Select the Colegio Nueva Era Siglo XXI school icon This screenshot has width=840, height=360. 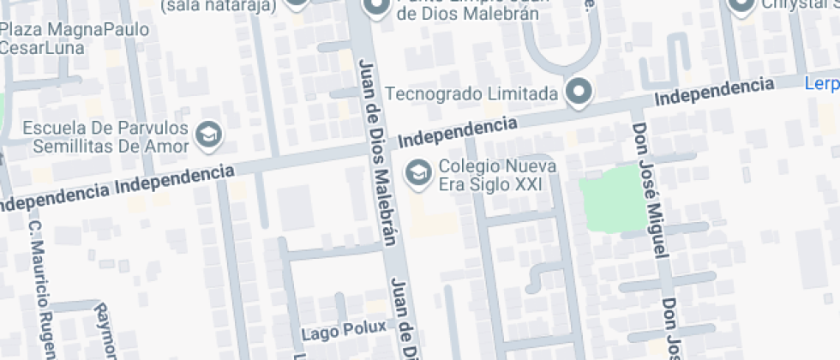point(418,171)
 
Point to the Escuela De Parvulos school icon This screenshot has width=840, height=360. point(207,134)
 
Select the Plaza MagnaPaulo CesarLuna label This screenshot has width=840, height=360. point(75,39)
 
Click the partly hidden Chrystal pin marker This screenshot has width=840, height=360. point(741,4)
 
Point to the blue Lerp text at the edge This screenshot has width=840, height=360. point(821,84)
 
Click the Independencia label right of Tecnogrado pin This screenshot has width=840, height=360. point(713,92)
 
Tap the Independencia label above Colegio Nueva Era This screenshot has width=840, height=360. point(459,131)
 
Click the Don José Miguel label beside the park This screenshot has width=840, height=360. point(649,189)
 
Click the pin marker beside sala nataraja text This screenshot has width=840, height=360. point(295,3)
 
